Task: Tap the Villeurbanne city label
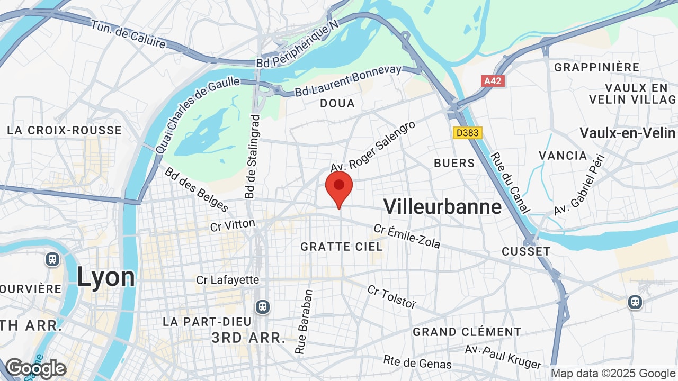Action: [x=442, y=206]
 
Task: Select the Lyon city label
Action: [x=106, y=277]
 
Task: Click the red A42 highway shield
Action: [x=493, y=81]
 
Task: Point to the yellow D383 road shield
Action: [x=468, y=133]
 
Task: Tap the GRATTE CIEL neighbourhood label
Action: [x=341, y=247]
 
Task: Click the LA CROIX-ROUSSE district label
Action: [x=64, y=130]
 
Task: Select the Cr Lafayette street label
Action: [x=227, y=279]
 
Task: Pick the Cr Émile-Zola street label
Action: [x=407, y=236]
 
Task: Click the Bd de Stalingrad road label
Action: [x=253, y=157]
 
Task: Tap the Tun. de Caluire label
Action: [x=128, y=34]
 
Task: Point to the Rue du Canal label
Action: [x=510, y=183]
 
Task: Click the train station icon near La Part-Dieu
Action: [x=262, y=306]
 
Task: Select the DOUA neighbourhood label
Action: [x=337, y=103]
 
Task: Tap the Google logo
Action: [x=35, y=368]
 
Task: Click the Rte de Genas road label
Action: [x=417, y=362]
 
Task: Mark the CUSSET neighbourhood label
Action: [x=526, y=251]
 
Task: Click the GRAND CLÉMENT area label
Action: [x=467, y=332]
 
